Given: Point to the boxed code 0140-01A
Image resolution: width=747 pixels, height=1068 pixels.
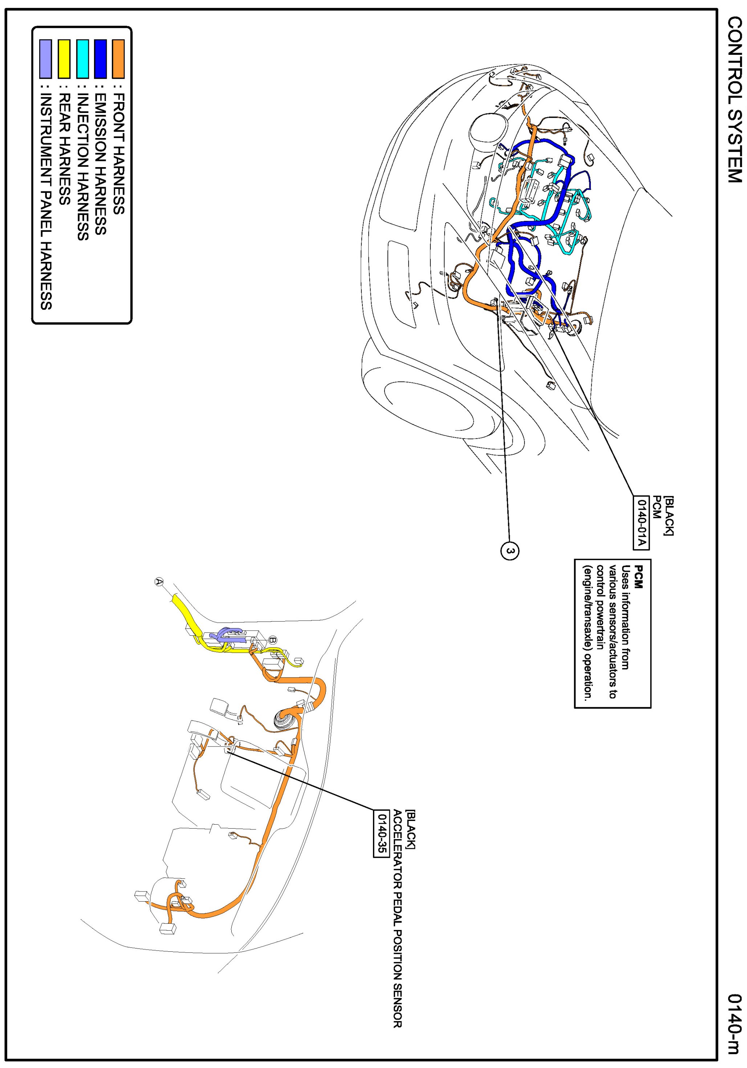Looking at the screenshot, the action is (641, 523).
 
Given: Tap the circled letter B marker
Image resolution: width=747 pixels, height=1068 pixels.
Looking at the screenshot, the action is (273, 640).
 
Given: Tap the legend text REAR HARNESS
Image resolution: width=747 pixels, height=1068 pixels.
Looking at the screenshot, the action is (64, 149).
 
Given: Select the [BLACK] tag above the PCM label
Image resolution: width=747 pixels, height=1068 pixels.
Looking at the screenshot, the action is (668, 515).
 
